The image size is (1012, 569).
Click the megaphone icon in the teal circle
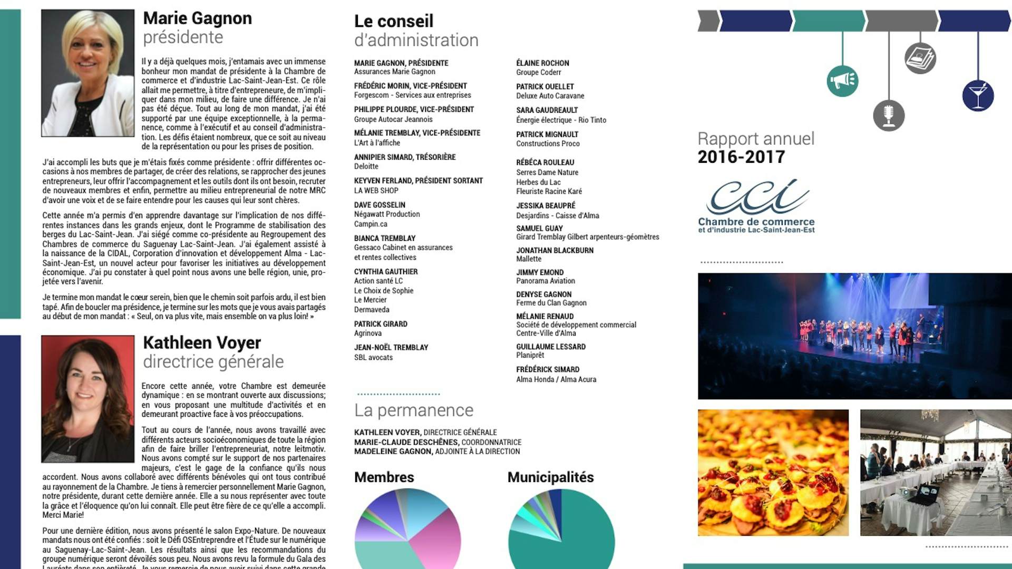(842, 81)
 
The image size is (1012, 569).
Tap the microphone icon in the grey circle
(889, 115)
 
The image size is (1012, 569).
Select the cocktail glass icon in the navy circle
(978, 95)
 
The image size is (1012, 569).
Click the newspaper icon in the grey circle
(920, 58)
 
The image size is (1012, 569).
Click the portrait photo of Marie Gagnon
(87, 73)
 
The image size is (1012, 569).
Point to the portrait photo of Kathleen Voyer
(87, 399)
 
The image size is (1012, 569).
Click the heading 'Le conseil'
(394, 21)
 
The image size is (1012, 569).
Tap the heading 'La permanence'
(414, 410)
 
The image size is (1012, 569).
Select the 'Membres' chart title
(384, 477)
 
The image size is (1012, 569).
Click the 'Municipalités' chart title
(550, 477)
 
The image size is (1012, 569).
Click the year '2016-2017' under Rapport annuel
(741, 157)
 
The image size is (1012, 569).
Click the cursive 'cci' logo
(757, 196)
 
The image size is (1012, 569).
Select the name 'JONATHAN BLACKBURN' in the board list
(554, 250)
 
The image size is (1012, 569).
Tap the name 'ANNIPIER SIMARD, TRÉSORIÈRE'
(405, 157)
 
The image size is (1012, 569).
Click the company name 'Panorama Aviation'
(546, 281)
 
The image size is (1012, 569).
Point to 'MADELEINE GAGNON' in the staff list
(393, 452)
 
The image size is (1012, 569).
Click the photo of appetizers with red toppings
(773, 473)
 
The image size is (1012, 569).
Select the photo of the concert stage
(854, 336)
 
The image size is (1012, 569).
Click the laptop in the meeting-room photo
(926, 494)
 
